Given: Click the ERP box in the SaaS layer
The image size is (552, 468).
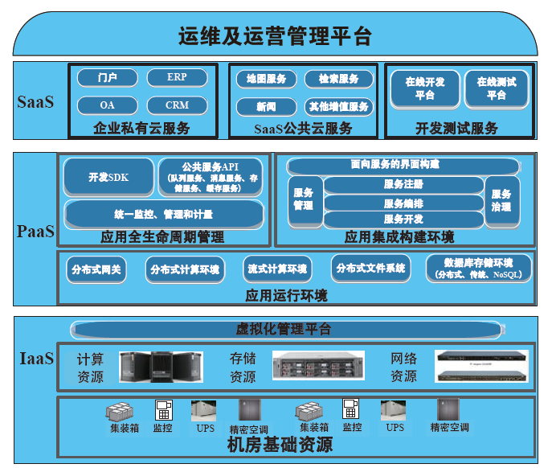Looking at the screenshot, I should point(177,78).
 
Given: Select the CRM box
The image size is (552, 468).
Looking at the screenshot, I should point(177,105).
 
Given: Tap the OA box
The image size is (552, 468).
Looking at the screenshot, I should point(107,105).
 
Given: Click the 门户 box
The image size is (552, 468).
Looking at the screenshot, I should point(107,78).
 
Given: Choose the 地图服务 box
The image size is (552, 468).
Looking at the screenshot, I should point(266,79).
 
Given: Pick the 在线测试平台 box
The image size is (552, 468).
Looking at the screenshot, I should point(496,88).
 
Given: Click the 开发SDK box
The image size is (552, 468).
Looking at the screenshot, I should point(108,177).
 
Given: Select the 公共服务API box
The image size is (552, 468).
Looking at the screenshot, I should point(211,177).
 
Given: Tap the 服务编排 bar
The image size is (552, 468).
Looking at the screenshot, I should point(403,203).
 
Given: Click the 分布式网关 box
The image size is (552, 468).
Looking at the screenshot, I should point(96,269).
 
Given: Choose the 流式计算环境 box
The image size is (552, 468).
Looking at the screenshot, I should point(276,269).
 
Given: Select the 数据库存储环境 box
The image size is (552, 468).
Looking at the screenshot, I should point(478,269).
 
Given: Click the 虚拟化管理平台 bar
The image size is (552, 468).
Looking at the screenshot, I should point(283,329).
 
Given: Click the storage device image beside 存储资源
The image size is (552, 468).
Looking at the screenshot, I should point(318,366).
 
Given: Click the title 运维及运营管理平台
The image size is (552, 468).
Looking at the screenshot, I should point(275,35).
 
